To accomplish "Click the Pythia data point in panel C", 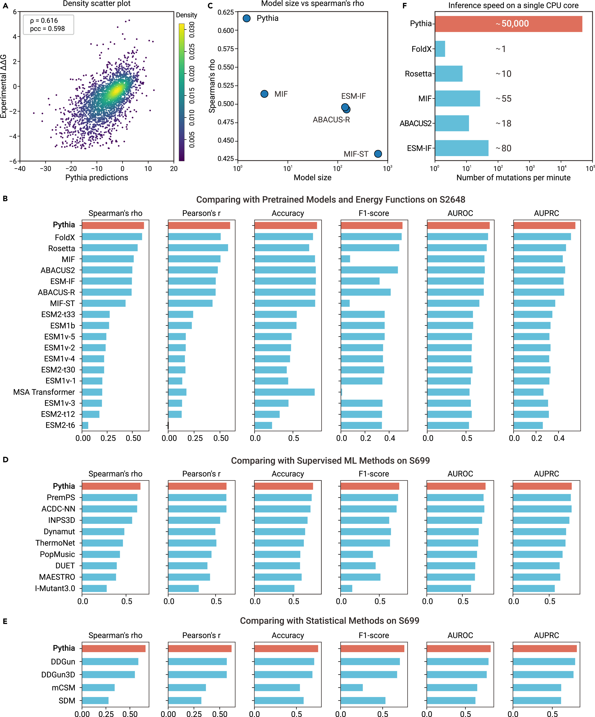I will click(x=246, y=18).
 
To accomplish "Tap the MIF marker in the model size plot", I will click(x=264, y=94).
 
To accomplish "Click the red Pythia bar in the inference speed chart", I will click(x=508, y=24).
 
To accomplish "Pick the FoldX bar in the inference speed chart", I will click(x=440, y=49).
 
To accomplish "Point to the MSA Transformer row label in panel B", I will click(x=44, y=392).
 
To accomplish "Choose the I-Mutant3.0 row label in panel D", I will click(x=55, y=588).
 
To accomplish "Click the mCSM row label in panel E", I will click(x=63, y=688).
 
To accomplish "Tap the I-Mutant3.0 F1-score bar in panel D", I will click(x=346, y=588).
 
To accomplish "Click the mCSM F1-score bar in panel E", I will click(x=351, y=688).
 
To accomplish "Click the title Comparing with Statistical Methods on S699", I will click(x=330, y=621).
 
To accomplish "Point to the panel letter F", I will click(x=405, y=6).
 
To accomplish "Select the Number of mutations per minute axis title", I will click(x=513, y=178).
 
